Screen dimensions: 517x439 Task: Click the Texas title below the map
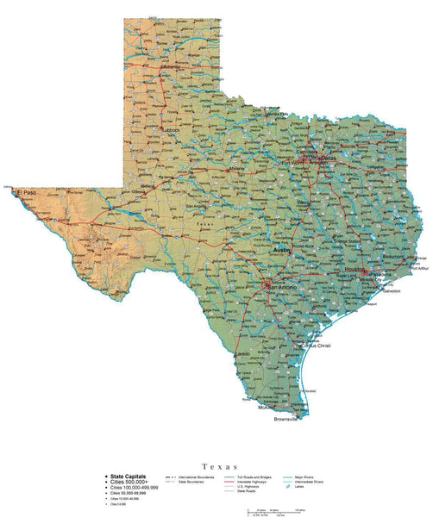pos(219,465)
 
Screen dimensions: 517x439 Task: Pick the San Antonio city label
pos(283,287)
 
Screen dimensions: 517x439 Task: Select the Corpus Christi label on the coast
pos(315,346)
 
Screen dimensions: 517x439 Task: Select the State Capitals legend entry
pos(128,477)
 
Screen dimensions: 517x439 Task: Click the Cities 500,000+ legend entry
pos(130,482)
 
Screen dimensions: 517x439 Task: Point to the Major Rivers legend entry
pos(304,477)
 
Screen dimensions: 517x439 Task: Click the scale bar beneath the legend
pos(267,511)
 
